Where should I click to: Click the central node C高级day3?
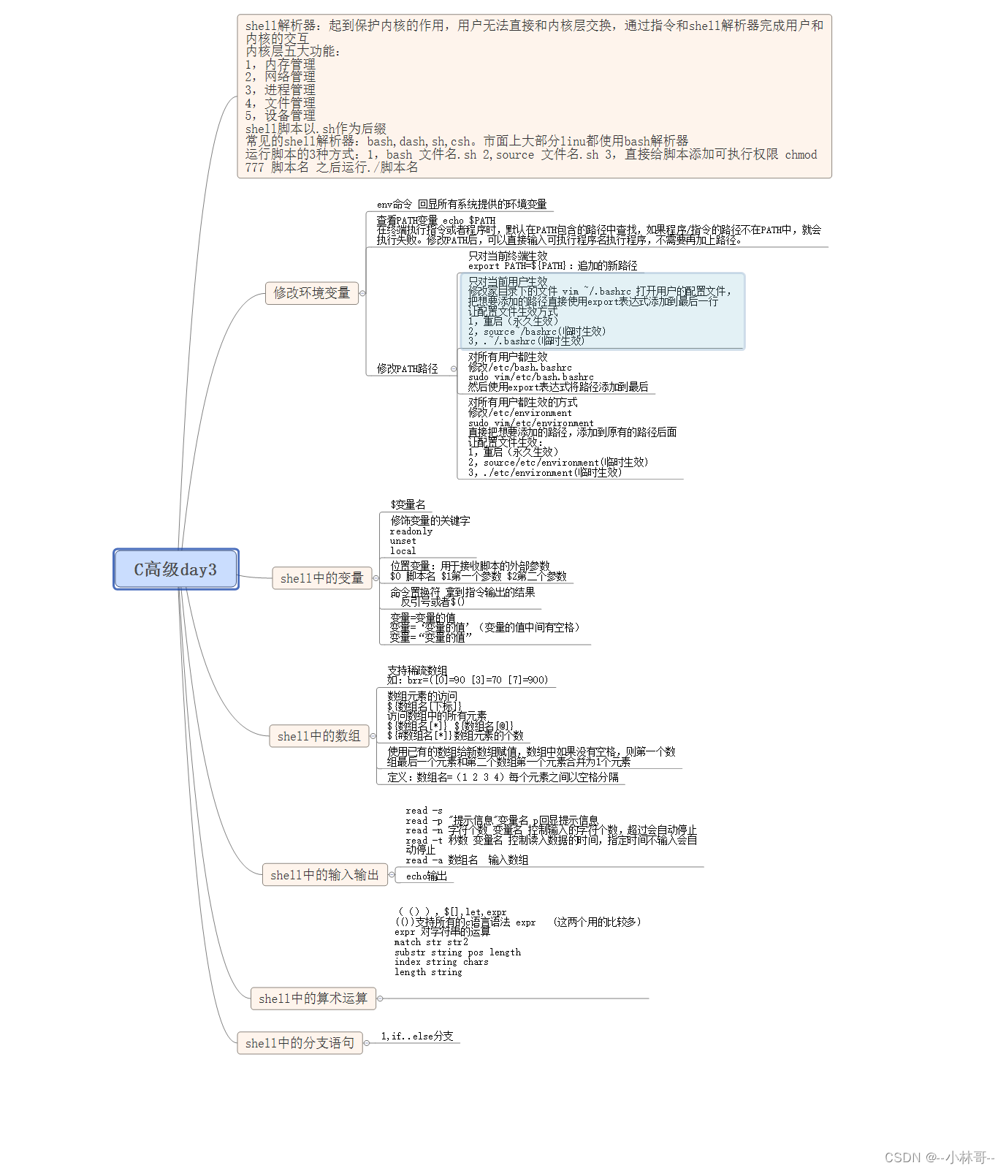(175, 569)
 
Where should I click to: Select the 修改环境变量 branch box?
(311, 293)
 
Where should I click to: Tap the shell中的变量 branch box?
(321, 578)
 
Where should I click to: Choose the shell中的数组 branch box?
(319, 736)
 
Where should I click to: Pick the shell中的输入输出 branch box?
(324, 875)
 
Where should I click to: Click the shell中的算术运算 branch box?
(313, 998)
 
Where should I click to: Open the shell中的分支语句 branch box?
(300, 1043)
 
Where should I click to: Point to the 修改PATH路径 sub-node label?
(407, 369)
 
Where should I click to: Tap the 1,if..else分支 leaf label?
(417, 1037)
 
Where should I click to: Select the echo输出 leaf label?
(427, 876)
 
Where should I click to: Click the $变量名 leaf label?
(408, 505)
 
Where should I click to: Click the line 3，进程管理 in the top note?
(281, 90)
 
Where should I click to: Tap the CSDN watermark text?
(939, 1157)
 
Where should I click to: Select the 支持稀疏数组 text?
(417, 670)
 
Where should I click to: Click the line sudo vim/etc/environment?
(530, 423)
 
